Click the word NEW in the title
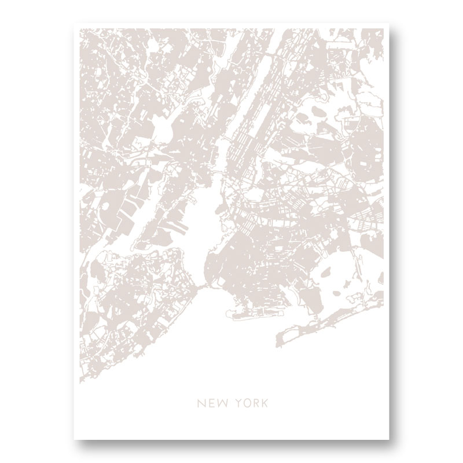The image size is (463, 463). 210,400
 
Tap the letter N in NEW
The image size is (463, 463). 200,400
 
